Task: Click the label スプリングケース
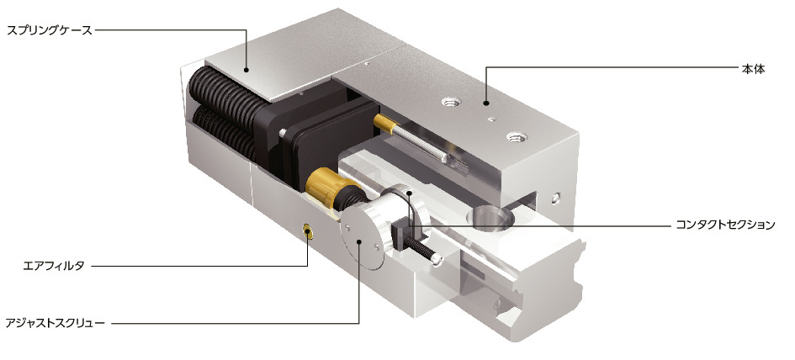pos(49,30)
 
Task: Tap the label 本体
pos(752,70)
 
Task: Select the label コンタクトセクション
pos(725,225)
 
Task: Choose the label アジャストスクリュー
pos(55,322)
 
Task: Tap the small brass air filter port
pos(307,230)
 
